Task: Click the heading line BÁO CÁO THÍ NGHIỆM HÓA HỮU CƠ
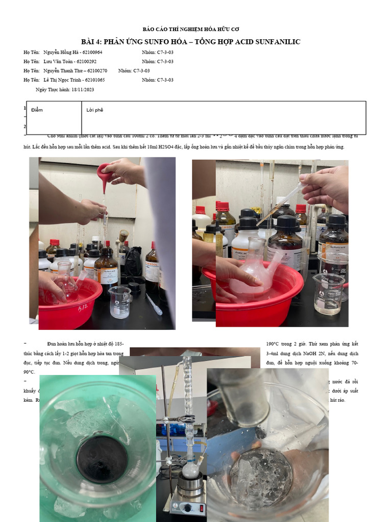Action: [x=191, y=30]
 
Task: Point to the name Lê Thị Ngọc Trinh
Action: [x=62, y=80]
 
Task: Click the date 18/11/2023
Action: [x=83, y=90]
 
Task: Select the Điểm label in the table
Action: [x=37, y=110]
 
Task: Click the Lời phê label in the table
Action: [x=94, y=110]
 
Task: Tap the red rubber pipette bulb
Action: [x=105, y=174]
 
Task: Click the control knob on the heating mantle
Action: [x=187, y=508]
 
